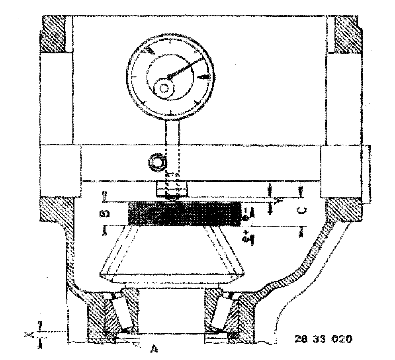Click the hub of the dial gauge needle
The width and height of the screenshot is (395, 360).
[x=170, y=76]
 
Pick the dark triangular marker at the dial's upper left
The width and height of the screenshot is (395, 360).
[x=148, y=50]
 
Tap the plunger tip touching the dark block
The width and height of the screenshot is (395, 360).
[x=172, y=196]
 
